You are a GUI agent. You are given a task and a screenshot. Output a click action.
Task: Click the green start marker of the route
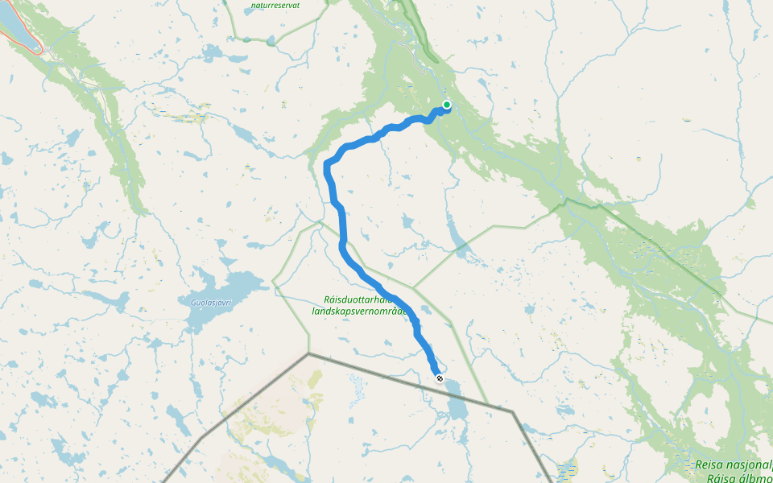(x=447, y=104)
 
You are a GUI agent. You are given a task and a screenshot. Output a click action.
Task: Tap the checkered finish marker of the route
(x=439, y=378)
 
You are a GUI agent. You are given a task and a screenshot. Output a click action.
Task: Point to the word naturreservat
(x=275, y=5)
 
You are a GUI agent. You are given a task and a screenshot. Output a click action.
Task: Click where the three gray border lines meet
(x=308, y=353)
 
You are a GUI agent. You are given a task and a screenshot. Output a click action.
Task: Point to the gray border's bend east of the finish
(x=512, y=411)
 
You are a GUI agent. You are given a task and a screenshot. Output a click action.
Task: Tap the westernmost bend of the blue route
(x=325, y=166)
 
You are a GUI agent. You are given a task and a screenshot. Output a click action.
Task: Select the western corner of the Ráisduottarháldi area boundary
(x=274, y=283)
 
